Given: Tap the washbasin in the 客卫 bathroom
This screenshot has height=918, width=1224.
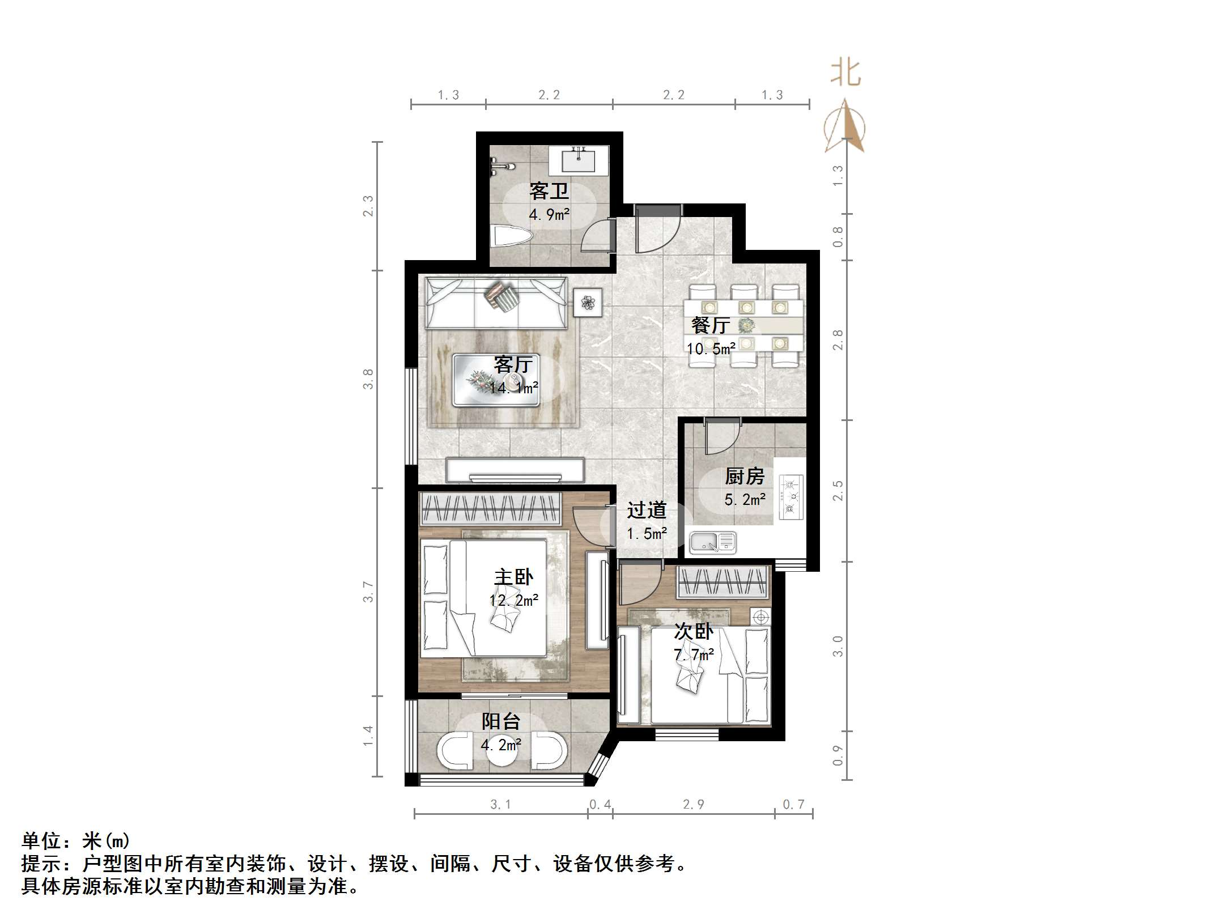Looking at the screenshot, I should pyautogui.click(x=579, y=159).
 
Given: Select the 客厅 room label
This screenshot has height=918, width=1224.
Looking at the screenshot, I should pyautogui.click(x=513, y=364).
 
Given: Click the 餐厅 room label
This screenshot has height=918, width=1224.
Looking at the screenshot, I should pyautogui.click(x=710, y=325).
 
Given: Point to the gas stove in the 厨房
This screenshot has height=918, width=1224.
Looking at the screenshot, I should pyautogui.click(x=791, y=497).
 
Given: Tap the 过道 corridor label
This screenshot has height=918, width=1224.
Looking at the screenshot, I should pyautogui.click(x=647, y=511).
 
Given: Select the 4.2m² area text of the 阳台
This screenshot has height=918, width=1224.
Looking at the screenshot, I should pyautogui.click(x=501, y=745).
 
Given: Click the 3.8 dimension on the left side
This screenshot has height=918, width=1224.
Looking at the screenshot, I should pyautogui.click(x=368, y=379).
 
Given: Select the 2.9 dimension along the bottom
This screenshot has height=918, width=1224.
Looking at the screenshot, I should pyautogui.click(x=694, y=805).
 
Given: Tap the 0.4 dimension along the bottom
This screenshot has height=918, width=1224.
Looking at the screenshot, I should pyautogui.click(x=600, y=805).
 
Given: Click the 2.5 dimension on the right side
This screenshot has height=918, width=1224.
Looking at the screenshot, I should pyautogui.click(x=838, y=491).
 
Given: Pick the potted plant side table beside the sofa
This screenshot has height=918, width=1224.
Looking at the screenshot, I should pyautogui.click(x=588, y=303).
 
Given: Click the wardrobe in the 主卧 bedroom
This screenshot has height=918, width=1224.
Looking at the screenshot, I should pyautogui.click(x=490, y=508).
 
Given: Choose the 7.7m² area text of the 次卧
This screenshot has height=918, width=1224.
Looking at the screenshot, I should pyautogui.click(x=694, y=655).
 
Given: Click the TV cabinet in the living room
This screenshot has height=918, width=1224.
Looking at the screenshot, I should pyautogui.click(x=515, y=470).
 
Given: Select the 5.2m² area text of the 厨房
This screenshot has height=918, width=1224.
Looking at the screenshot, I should pyautogui.click(x=745, y=500).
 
